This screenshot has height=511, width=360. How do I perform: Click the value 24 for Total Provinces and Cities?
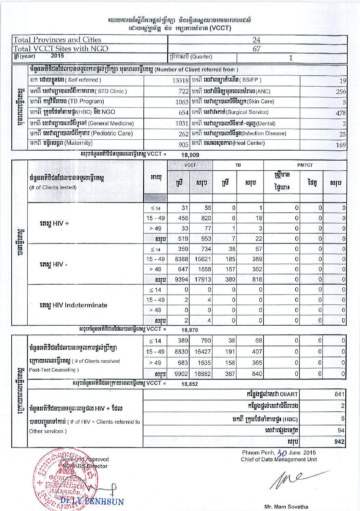[x=256, y=40]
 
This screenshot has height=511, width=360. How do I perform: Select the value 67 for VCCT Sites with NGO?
[x=256, y=49]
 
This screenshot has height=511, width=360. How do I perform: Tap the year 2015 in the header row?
[x=57, y=56]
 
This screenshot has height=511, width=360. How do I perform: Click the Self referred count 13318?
[x=180, y=80]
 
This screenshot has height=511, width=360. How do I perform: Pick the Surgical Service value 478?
[x=340, y=113]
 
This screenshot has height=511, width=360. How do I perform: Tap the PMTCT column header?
[x=305, y=165]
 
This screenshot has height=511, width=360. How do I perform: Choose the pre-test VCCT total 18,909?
[x=190, y=155]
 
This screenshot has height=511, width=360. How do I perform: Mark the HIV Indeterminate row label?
[x=73, y=305]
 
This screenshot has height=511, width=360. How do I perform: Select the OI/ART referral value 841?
[x=339, y=394]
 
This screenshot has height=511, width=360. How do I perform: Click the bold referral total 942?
[x=339, y=442]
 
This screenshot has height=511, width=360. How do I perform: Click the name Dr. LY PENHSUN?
[x=92, y=502]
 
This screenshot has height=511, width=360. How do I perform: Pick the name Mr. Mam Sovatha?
[x=286, y=507]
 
